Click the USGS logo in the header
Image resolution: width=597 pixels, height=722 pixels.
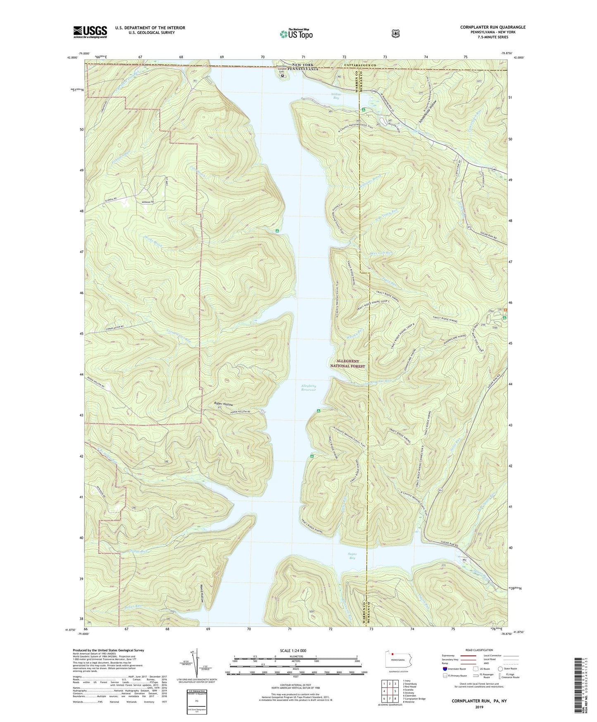(x=90, y=32)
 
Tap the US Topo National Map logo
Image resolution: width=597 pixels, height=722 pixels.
(x=295, y=33)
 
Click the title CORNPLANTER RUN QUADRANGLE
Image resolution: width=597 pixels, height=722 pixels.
(x=493, y=27)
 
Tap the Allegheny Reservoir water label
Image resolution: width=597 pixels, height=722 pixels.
(x=308, y=388)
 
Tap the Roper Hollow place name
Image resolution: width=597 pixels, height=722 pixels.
(x=223, y=404)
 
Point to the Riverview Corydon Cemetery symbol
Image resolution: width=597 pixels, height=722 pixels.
(x=283, y=76)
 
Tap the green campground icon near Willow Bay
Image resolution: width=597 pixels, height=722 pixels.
(x=363, y=110)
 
